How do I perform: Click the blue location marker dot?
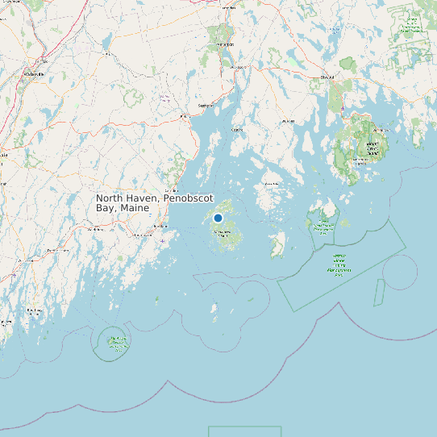click(218, 218)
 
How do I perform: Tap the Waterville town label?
click(34, 73)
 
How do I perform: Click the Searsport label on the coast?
click(206, 105)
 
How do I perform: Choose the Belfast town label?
click(185, 116)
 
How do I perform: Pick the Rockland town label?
click(142, 235)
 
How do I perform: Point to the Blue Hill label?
click(287, 122)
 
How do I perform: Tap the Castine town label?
click(237, 129)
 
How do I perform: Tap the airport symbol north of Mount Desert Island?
click(343, 108)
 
